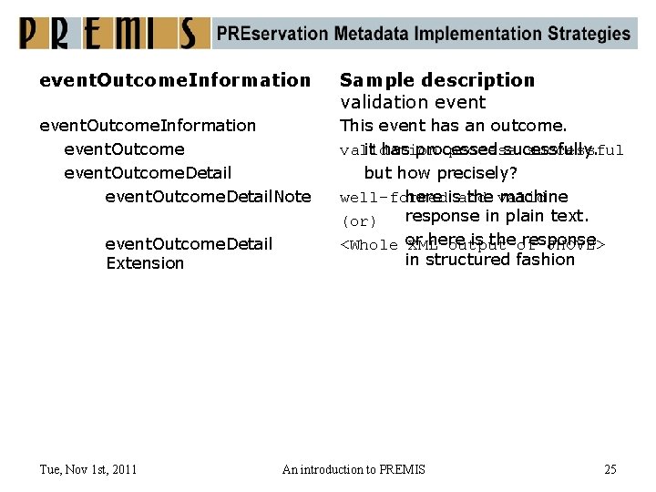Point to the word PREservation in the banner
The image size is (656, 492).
click(272, 34)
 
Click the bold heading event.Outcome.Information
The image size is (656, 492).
click(175, 80)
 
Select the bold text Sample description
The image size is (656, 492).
click(437, 80)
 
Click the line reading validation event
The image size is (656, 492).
click(413, 102)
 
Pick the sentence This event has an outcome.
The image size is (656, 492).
click(453, 126)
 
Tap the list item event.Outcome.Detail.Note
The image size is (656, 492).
click(208, 196)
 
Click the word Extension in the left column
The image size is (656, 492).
click(145, 263)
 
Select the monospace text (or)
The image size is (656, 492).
click(358, 221)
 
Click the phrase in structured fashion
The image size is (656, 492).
click(489, 260)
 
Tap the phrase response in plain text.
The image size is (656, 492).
click(497, 216)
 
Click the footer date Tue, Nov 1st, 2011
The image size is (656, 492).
click(88, 469)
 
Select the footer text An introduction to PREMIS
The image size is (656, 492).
click(354, 469)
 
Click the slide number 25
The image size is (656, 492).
click(610, 469)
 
